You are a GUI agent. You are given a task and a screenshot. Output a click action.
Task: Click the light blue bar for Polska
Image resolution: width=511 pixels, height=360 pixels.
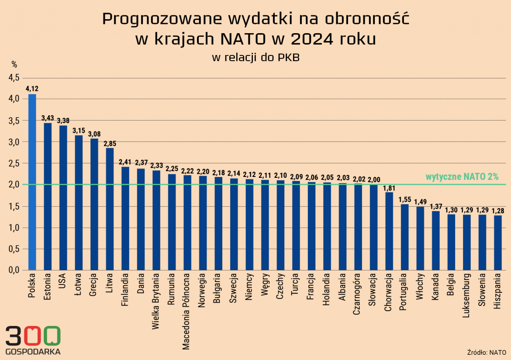pyautogui.click(x=32, y=182)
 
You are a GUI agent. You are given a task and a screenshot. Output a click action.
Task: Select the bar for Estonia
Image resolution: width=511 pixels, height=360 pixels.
pyautogui.click(x=48, y=197)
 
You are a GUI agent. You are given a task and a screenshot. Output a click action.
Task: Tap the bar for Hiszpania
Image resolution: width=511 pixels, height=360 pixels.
pyautogui.click(x=498, y=242)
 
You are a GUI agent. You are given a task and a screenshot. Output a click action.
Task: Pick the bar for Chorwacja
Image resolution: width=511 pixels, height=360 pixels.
pyautogui.click(x=389, y=231)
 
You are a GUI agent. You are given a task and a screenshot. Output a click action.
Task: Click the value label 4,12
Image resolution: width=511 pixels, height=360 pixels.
pyautogui.click(x=32, y=89)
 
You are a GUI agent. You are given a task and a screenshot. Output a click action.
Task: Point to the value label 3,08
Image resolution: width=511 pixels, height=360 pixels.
pyautogui.click(x=94, y=134)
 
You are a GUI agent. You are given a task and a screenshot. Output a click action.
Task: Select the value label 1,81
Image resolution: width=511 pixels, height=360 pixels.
pyautogui.click(x=389, y=188)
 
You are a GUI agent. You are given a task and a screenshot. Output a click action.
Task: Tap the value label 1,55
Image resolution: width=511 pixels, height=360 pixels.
pyautogui.click(x=405, y=199)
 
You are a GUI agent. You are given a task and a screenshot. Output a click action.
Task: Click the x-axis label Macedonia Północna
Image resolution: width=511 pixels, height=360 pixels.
pyautogui.click(x=186, y=312)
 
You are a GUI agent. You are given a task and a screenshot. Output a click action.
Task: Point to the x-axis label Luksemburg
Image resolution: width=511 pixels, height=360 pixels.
pyautogui.click(x=467, y=294)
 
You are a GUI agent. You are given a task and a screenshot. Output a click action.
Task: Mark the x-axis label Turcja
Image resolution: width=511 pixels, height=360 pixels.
pyautogui.click(x=296, y=286)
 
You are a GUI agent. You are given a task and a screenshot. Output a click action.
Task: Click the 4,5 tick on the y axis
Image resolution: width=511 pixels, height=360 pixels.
pyautogui.click(x=14, y=78)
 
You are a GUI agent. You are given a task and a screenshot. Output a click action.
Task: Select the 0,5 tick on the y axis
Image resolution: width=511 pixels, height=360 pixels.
pyautogui.click(x=14, y=249)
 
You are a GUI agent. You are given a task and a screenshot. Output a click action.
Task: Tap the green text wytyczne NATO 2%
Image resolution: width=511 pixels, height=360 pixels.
pyautogui.click(x=462, y=177)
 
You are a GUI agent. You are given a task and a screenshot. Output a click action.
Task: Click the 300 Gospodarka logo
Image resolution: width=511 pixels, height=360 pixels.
pyautogui.click(x=33, y=340)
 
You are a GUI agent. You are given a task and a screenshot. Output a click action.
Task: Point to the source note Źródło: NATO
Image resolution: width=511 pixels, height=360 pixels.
pyautogui.click(x=486, y=352)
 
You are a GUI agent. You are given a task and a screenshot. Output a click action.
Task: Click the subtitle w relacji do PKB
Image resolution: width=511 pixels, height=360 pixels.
pyautogui.click(x=255, y=57)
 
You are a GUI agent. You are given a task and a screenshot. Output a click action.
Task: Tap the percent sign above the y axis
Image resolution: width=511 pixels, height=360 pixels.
pyautogui.click(x=14, y=65)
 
